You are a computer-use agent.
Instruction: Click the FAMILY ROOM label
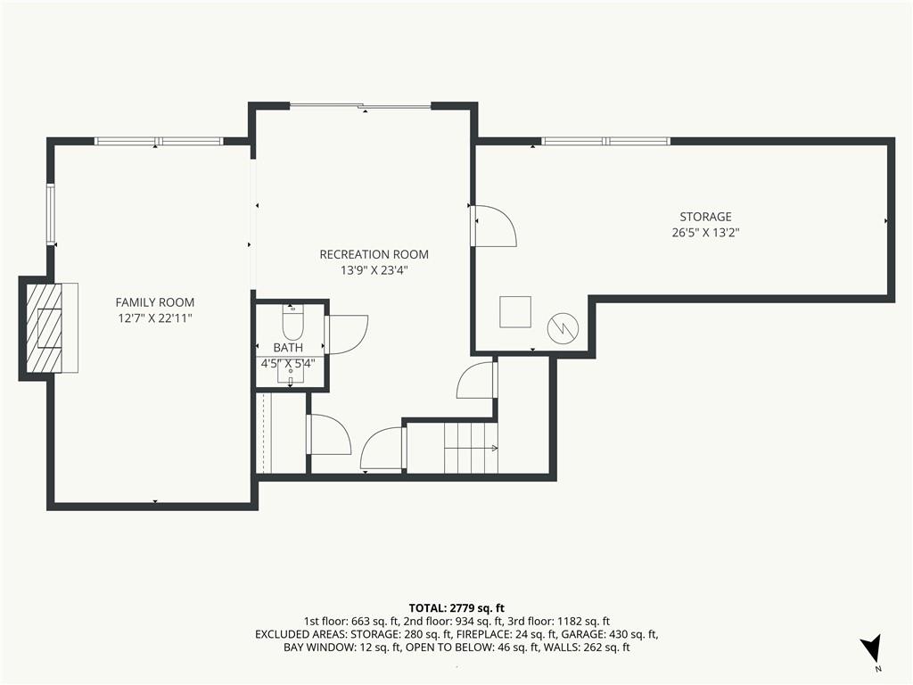click(155, 302)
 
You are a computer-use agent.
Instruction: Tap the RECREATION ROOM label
click(374, 254)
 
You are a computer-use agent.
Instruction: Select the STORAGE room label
click(706, 217)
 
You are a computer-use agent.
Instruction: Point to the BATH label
click(288, 348)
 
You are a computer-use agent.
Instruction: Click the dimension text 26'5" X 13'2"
click(706, 233)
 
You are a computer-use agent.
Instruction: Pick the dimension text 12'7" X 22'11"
click(155, 318)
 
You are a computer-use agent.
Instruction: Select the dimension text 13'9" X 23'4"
click(374, 270)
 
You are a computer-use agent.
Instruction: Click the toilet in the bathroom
click(292, 321)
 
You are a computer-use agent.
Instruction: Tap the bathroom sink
click(291, 376)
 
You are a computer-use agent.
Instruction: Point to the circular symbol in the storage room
click(563, 328)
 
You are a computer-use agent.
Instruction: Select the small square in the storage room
click(515, 311)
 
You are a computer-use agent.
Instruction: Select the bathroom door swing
click(348, 335)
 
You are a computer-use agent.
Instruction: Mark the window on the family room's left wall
click(51, 213)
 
